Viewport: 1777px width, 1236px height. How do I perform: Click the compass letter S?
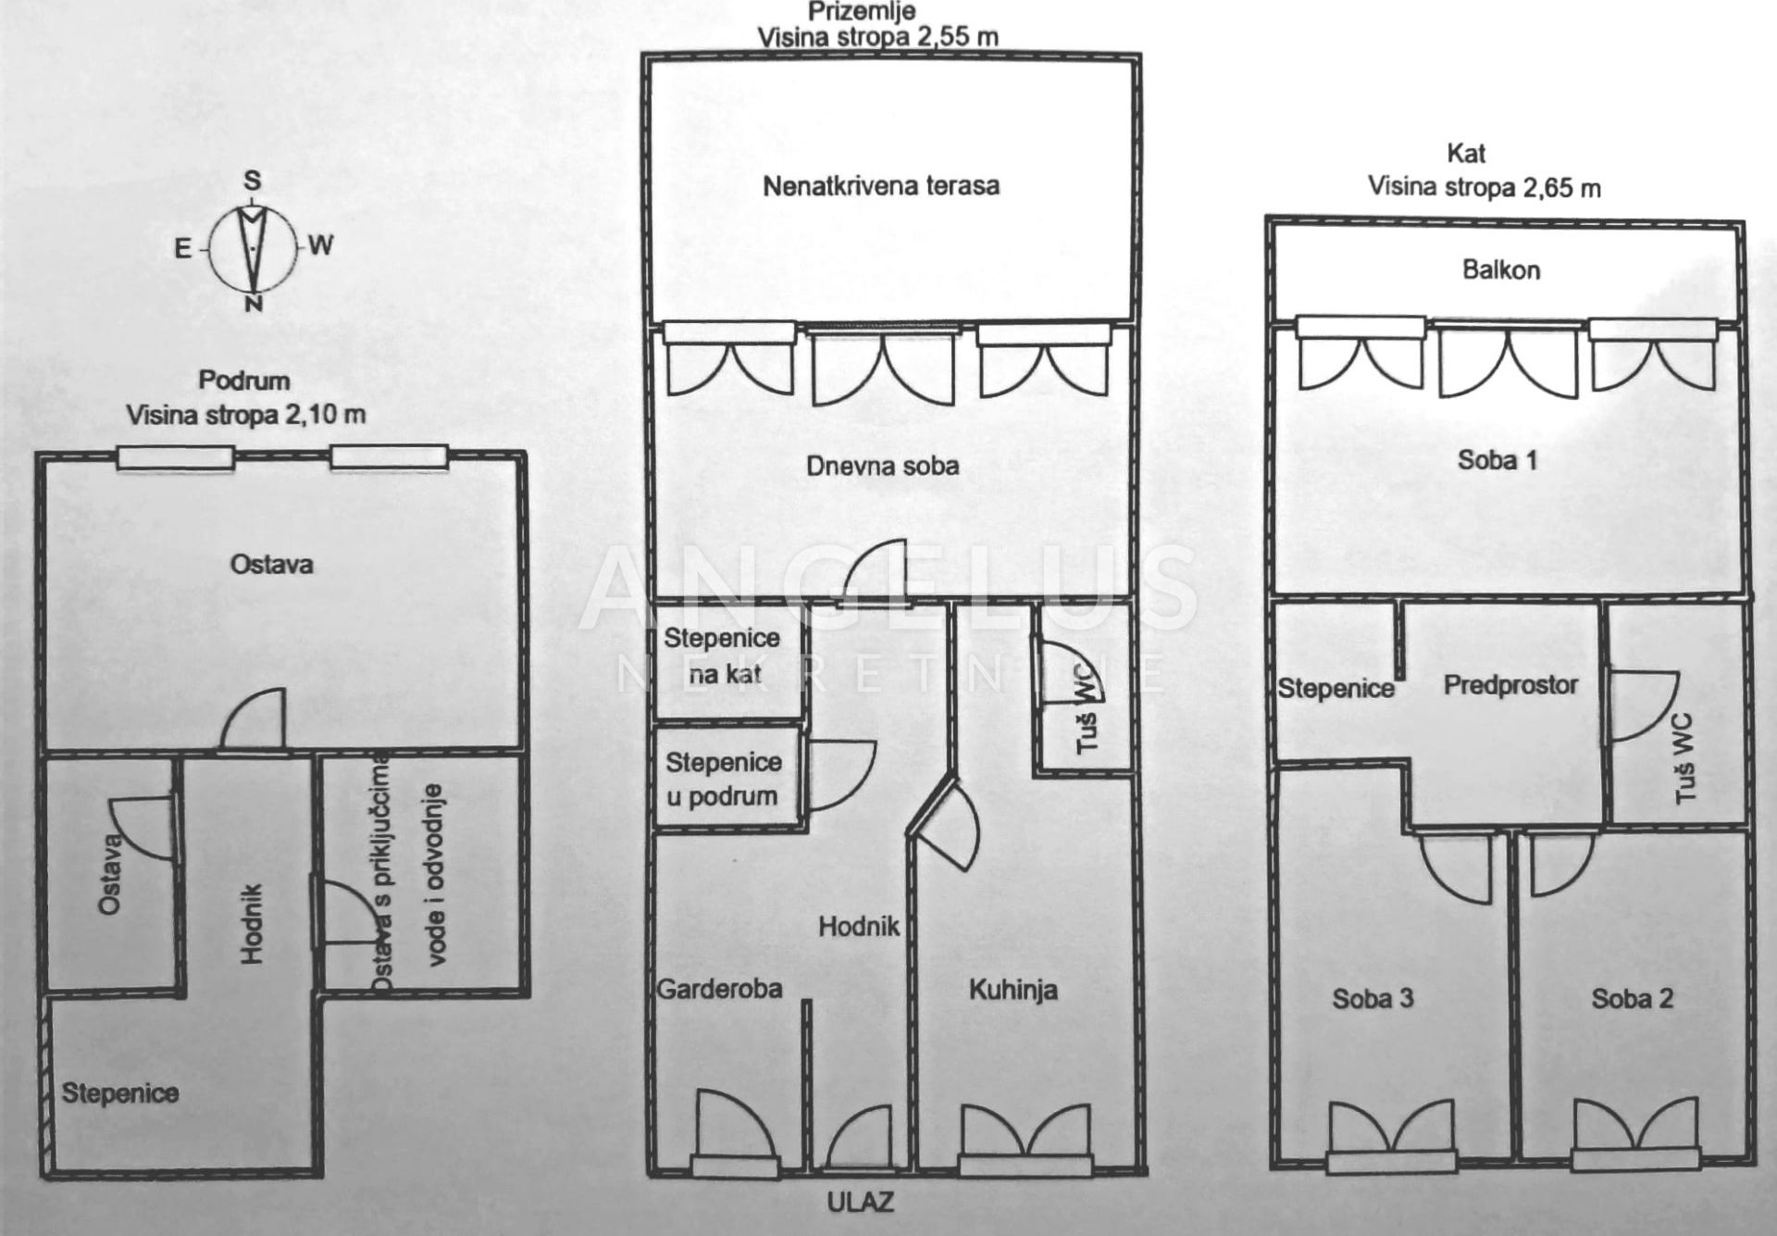(x=252, y=181)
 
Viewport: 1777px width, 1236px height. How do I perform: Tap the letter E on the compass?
(x=183, y=247)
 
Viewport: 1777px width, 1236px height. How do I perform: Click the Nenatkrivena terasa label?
(x=881, y=186)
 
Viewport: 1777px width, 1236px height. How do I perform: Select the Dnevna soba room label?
(x=882, y=466)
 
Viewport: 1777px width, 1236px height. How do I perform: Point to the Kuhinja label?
(x=1013, y=991)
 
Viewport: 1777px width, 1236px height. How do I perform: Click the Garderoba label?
(x=719, y=989)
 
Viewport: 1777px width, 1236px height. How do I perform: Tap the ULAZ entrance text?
(x=861, y=1202)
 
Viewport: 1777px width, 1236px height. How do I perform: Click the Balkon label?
(x=1501, y=269)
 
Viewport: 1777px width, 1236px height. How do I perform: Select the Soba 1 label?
(x=1497, y=459)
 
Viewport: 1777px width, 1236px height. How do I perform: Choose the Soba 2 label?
(x=1633, y=998)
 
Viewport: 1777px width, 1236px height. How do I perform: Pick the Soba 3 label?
(x=1373, y=998)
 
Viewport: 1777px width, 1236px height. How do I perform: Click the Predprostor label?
(x=1511, y=685)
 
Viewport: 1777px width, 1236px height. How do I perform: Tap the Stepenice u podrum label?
(x=724, y=780)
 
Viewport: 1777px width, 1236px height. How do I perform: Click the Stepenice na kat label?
(x=722, y=655)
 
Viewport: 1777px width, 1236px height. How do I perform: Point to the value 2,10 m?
(x=326, y=415)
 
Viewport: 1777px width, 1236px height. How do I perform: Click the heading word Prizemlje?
(x=863, y=11)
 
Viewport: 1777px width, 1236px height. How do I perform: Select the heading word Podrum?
(x=244, y=381)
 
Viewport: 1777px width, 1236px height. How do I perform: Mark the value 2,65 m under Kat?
(x=1561, y=188)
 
